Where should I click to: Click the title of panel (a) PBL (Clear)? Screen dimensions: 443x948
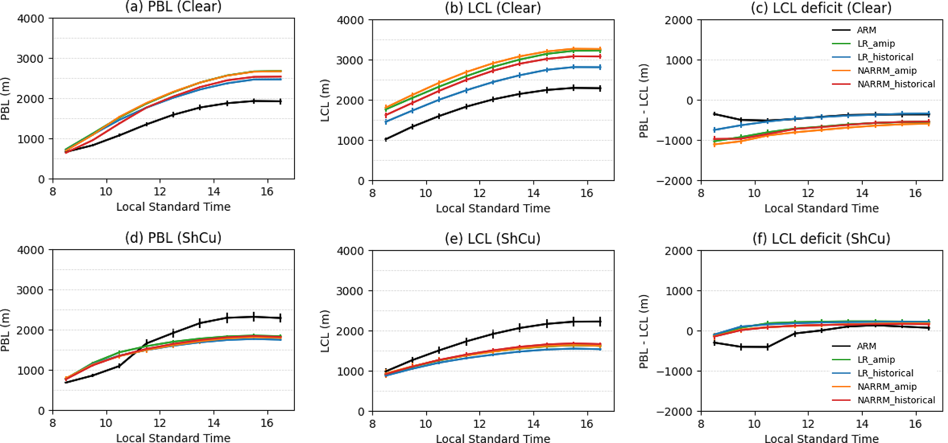[x=173, y=6]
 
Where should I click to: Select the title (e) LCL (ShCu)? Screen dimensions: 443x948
[x=493, y=238]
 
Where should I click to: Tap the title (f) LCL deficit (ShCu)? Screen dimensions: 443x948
[x=821, y=238]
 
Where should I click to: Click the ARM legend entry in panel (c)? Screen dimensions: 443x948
[x=866, y=30]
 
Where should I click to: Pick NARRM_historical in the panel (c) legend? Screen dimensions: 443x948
[x=896, y=84]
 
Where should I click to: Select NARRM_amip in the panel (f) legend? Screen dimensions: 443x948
[x=887, y=387]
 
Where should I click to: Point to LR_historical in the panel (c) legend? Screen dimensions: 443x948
[x=885, y=57]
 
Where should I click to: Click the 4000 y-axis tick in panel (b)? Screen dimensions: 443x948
[x=351, y=20]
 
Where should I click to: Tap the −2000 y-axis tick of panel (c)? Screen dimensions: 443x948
[x=675, y=181]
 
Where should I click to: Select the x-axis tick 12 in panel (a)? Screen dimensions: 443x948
[x=160, y=191]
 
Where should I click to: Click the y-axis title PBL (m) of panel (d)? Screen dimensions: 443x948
[x=6, y=330]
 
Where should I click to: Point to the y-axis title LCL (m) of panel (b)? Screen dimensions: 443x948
[x=325, y=100]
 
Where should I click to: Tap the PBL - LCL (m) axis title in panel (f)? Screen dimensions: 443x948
[x=644, y=331]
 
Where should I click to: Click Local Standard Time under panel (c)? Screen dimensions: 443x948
[x=821, y=208]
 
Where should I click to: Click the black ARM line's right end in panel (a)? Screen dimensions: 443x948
[x=281, y=101]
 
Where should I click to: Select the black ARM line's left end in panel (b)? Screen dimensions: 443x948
[x=386, y=139]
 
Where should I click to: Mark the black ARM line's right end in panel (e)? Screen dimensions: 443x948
[x=600, y=322]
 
